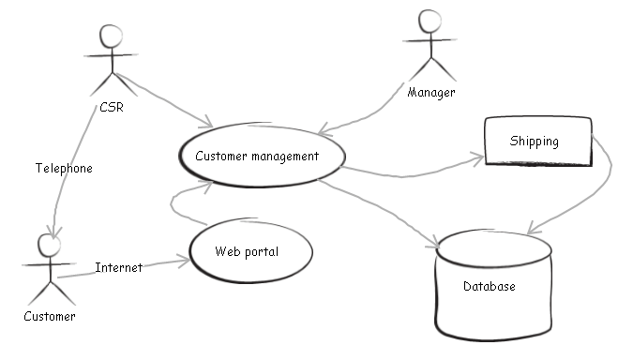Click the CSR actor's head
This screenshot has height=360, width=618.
tap(112, 36)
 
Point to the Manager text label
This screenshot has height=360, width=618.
tap(431, 93)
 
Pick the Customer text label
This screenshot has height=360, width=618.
tap(49, 317)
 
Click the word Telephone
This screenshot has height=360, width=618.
tap(64, 169)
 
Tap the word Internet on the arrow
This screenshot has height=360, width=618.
tap(119, 268)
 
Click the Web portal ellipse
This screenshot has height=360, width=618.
tap(248, 251)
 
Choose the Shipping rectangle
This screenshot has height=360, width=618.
tap(537, 142)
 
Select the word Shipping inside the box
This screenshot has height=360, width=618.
tap(534, 142)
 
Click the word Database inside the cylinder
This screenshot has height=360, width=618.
tap(489, 287)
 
